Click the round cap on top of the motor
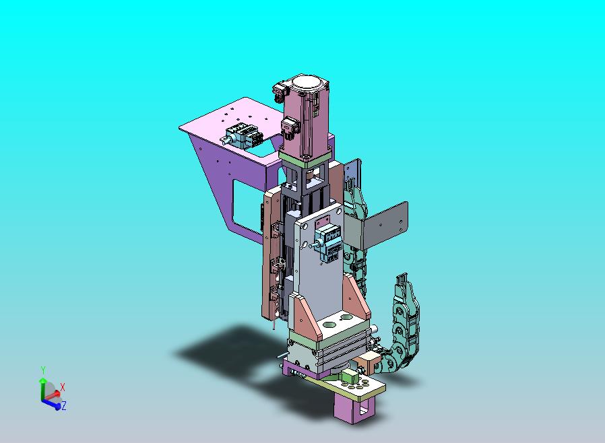click(307, 83)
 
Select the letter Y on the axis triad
click(43, 370)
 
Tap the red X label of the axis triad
click(63, 387)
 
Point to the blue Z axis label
click(63, 405)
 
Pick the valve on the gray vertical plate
click(327, 243)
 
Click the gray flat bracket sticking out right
click(386, 224)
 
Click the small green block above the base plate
click(350, 375)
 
